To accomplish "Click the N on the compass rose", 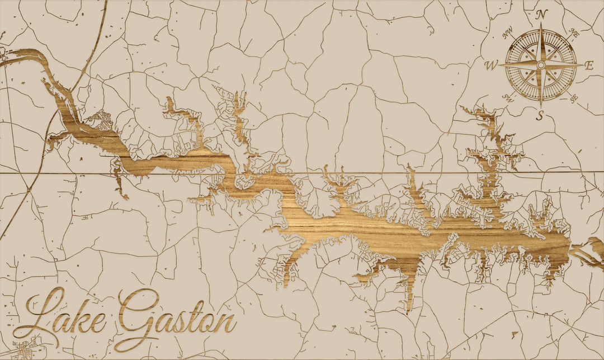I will point(541,16).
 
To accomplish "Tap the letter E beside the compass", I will point(588,65).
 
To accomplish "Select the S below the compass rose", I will point(540,116).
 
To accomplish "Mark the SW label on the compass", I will point(508,97).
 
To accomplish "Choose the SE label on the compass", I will point(573,98).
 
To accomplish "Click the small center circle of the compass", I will point(541,65).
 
